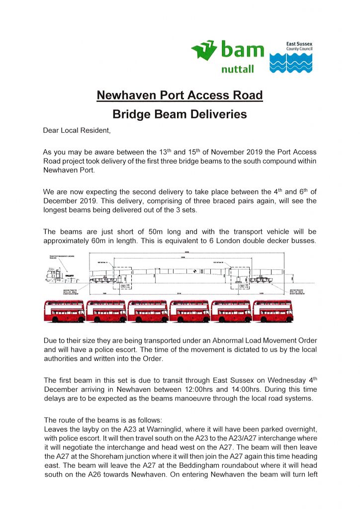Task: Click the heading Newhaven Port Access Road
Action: click(x=180, y=95)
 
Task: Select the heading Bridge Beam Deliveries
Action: click(x=180, y=114)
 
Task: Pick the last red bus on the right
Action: click(x=272, y=311)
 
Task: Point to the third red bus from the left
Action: click(x=148, y=311)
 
